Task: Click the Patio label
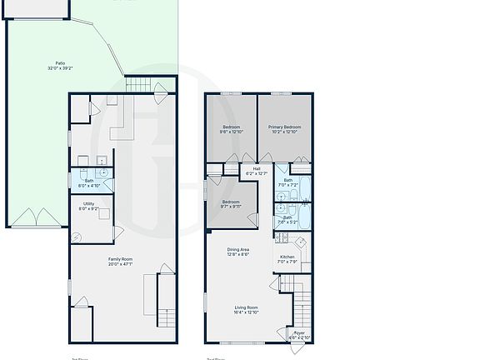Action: [x=60, y=65]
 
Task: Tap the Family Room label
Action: [x=120, y=262]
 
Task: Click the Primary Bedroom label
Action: [x=285, y=129]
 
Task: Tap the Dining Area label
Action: [x=238, y=252]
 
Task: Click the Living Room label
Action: [x=245, y=310]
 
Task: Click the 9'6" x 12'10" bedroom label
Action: [x=231, y=129]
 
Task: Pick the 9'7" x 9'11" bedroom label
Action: [x=231, y=204]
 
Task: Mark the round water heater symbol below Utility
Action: [x=77, y=237]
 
